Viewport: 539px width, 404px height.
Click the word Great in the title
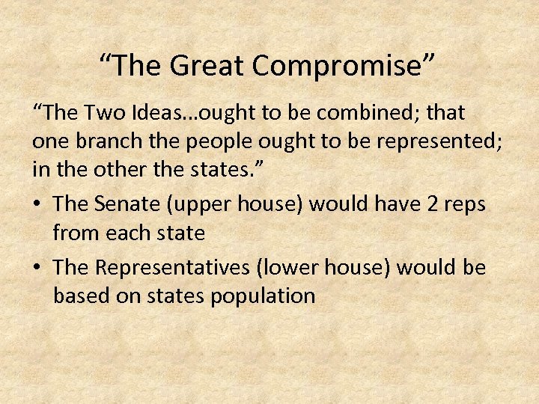point(207,66)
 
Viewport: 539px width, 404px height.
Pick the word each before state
point(125,233)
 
